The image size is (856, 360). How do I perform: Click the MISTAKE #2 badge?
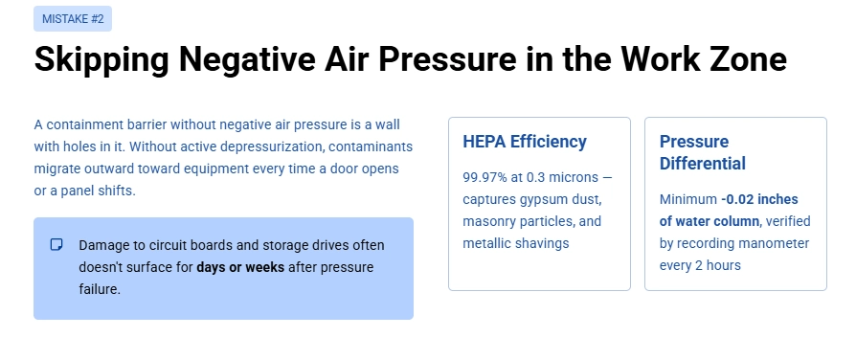(x=72, y=18)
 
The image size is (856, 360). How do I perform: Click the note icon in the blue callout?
(x=56, y=245)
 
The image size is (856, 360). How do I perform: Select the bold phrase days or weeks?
(x=240, y=267)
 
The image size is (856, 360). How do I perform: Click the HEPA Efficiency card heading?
(x=524, y=142)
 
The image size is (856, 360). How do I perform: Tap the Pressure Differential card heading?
(x=702, y=152)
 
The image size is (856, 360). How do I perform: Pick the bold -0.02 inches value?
(x=759, y=199)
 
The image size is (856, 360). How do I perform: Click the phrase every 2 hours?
(x=700, y=265)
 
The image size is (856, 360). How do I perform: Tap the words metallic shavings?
(x=515, y=243)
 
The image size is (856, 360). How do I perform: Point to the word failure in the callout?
(x=99, y=288)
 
